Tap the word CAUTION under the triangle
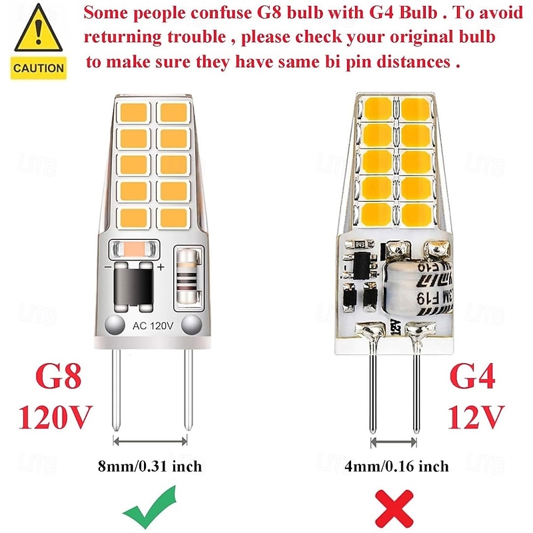(39, 67)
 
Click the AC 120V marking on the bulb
(153, 326)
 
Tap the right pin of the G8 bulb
(187, 386)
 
